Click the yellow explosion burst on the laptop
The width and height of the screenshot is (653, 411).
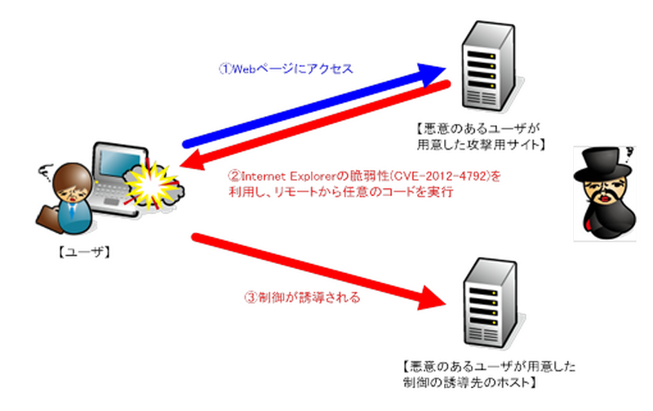pyautogui.click(x=150, y=185)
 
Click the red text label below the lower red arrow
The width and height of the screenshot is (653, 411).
pyautogui.click(x=302, y=298)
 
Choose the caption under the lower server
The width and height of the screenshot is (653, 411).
pyautogui.click(x=490, y=375)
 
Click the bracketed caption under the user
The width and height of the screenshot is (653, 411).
pyautogui.click(x=83, y=252)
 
